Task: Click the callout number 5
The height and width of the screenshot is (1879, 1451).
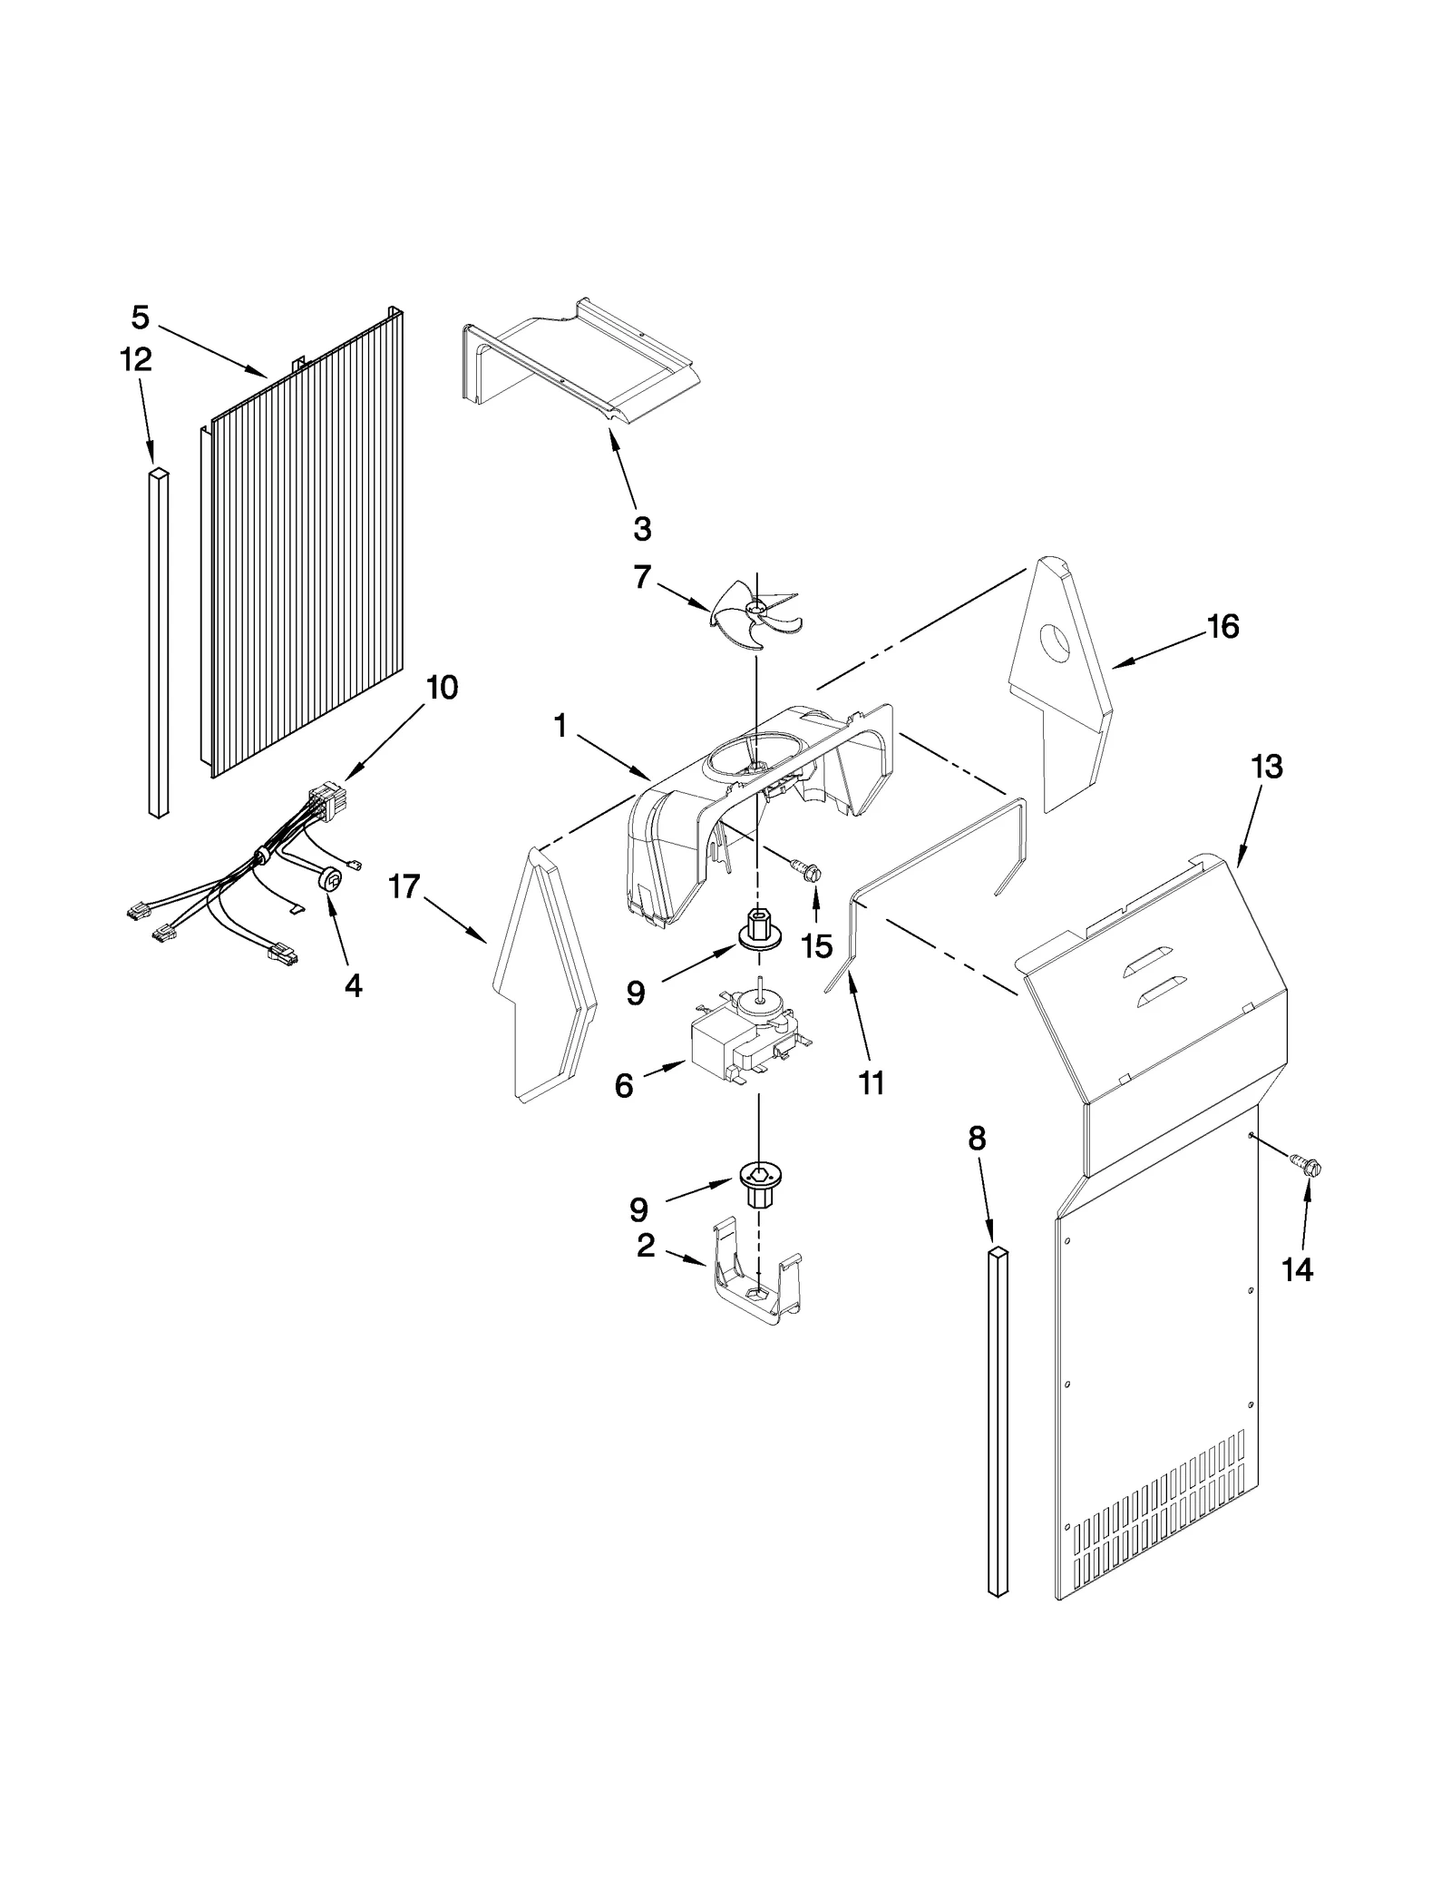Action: point(140,318)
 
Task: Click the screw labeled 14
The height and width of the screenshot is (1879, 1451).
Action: point(1309,1165)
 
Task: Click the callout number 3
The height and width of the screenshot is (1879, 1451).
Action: point(642,528)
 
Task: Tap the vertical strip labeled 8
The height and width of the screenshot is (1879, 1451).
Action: point(998,1420)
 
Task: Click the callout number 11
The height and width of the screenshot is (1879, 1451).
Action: point(871,1082)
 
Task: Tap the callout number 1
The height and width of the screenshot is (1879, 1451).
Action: point(560,726)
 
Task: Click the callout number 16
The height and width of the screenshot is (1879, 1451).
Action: point(1223,626)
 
